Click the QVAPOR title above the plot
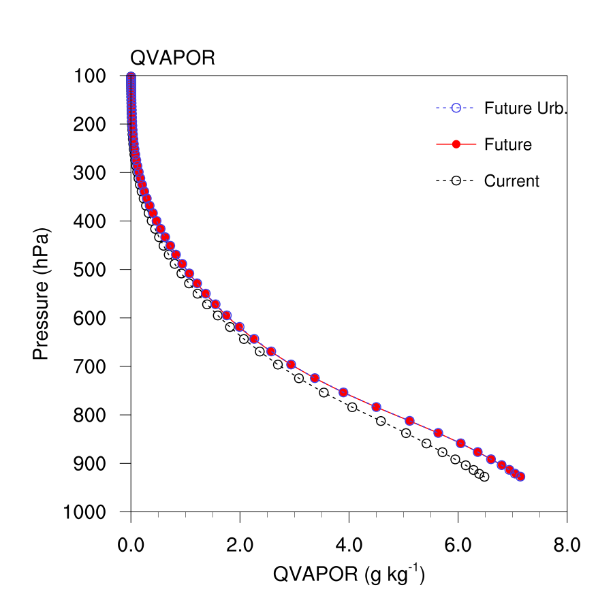pos(172,58)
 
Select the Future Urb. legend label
pos(525,108)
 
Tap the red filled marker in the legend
pos(457,144)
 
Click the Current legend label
pos(512,181)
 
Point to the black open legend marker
pos(457,181)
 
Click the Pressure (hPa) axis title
pos(42,293)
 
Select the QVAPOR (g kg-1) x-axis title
pos(349,575)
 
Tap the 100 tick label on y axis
pos(89,76)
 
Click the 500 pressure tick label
pos(89,269)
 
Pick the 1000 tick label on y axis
pos(84,512)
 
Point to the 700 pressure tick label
pos(89,366)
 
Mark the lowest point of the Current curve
pos(484,477)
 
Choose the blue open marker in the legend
pos(457,108)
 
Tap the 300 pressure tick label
pos(89,172)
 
